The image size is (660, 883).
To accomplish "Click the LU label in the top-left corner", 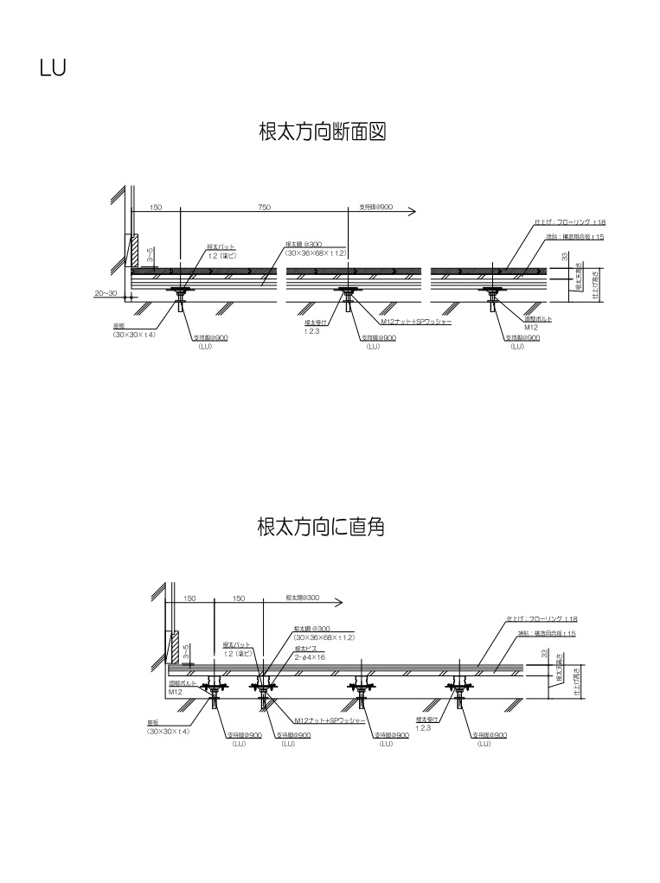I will tap(53, 67).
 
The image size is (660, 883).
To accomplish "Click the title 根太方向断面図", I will tap(322, 132).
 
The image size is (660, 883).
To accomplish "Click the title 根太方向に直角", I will tap(320, 526).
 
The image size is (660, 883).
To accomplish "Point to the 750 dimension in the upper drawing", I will tap(264, 208).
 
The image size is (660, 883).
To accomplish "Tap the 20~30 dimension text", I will tap(106, 293).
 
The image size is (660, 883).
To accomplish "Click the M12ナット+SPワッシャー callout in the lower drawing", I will tap(330, 719).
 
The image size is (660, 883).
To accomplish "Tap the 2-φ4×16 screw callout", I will tap(310, 657).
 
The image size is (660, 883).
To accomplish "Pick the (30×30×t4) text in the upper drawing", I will tap(133, 334).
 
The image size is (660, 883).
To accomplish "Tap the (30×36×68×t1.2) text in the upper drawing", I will tap(316, 253).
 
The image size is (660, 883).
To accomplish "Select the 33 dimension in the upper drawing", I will tap(564, 257).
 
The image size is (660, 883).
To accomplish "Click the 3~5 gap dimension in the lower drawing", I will tap(187, 650).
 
